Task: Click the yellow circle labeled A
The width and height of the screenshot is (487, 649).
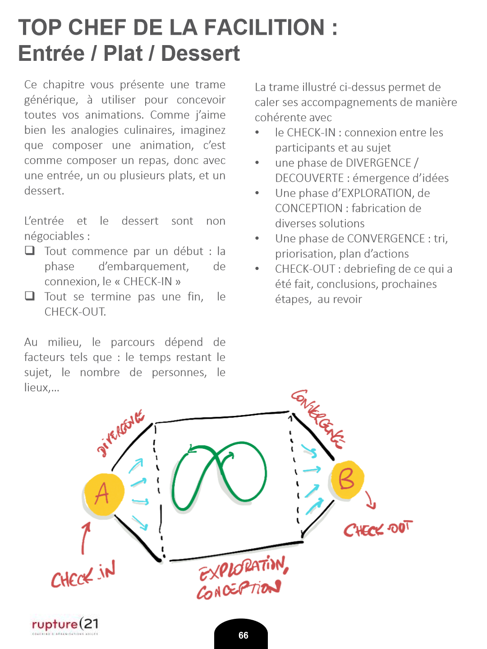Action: (103, 494)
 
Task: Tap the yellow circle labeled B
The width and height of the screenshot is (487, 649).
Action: (346, 480)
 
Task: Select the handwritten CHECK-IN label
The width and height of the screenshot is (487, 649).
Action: (83, 575)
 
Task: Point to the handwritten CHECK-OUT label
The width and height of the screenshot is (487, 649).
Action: (378, 529)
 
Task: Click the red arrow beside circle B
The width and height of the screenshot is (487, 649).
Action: (370, 500)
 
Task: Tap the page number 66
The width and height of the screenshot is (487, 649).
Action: (243, 635)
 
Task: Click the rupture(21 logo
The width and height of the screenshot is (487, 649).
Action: (65, 625)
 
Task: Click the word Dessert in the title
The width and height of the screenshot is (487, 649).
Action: (200, 53)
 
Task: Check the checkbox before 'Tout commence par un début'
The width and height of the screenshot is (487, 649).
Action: (30, 251)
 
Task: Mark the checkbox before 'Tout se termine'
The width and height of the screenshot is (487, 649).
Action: (30, 296)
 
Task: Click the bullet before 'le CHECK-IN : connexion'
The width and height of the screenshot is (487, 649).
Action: (257, 133)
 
